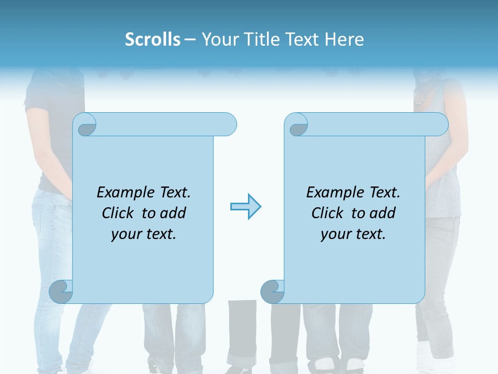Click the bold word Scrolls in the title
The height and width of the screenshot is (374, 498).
click(153, 39)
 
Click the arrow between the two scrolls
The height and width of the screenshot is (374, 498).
click(245, 207)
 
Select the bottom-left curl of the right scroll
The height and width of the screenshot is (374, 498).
click(272, 291)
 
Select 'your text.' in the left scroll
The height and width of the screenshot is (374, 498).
click(143, 234)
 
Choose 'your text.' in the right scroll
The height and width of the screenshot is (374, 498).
click(353, 234)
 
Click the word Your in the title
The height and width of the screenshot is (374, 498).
click(218, 39)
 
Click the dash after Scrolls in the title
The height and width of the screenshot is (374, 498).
click(190, 39)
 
